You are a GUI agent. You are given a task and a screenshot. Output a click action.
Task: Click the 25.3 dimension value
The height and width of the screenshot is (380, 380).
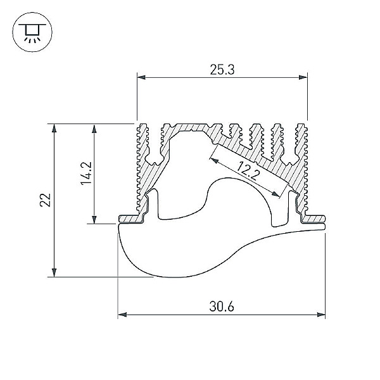click(222, 70)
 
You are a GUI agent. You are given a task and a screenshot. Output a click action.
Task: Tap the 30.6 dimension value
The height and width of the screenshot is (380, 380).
click(222, 307)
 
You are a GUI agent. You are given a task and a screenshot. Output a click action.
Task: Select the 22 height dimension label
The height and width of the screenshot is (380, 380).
click(46, 200)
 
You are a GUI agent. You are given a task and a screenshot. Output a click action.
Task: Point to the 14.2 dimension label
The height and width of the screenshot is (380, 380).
click(86, 173)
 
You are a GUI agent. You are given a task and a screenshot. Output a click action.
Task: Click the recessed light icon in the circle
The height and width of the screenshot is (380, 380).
click(32, 32)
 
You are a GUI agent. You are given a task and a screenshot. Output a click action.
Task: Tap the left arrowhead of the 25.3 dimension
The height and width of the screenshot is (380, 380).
click(141, 77)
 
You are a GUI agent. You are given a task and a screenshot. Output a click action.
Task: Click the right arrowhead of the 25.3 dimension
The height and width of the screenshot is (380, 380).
click(303, 77)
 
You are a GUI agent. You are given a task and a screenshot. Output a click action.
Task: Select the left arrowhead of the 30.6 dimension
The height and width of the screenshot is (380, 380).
click(122, 315)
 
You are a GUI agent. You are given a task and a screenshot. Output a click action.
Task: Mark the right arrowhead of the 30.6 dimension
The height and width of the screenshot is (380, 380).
click(321, 315)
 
